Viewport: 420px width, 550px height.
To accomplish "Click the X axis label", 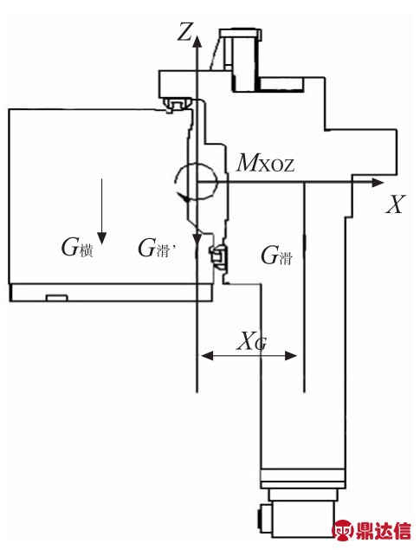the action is [x=396, y=204].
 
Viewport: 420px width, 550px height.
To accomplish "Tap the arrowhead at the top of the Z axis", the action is [x=197, y=41].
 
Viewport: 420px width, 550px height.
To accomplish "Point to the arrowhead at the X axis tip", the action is [x=378, y=183].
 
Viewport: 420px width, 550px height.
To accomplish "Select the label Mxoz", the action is [x=265, y=164].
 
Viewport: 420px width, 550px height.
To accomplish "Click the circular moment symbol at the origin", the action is [x=197, y=183].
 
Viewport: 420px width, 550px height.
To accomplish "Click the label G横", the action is [x=77, y=248].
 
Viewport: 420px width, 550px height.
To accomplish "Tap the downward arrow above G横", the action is [x=101, y=211].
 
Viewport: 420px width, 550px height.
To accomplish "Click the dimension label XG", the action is [x=252, y=341].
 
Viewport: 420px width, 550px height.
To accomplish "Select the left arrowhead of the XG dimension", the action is [x=207, y=356].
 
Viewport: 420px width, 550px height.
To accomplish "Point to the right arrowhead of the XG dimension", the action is [x=291, y=356].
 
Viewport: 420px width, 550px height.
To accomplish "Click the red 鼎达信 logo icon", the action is [x=343, y=529].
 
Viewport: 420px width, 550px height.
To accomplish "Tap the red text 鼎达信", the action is [x=383, y=530].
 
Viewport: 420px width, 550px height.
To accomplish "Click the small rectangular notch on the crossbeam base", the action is [x=57, y=298].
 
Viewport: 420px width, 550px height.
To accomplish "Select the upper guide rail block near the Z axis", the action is [x=176, y=105].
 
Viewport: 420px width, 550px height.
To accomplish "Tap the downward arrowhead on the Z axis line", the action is [x=197, y=240].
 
